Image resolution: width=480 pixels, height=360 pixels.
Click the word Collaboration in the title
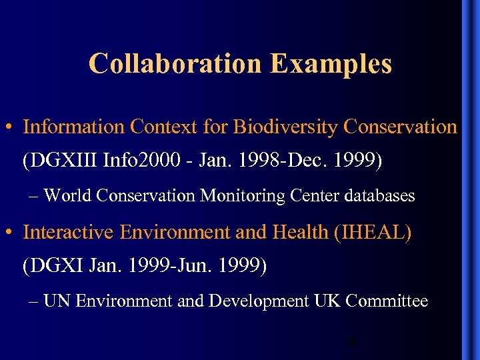(175, 64)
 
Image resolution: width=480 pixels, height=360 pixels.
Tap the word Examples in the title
(331, 64)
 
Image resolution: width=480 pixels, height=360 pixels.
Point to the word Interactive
(70, 233)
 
